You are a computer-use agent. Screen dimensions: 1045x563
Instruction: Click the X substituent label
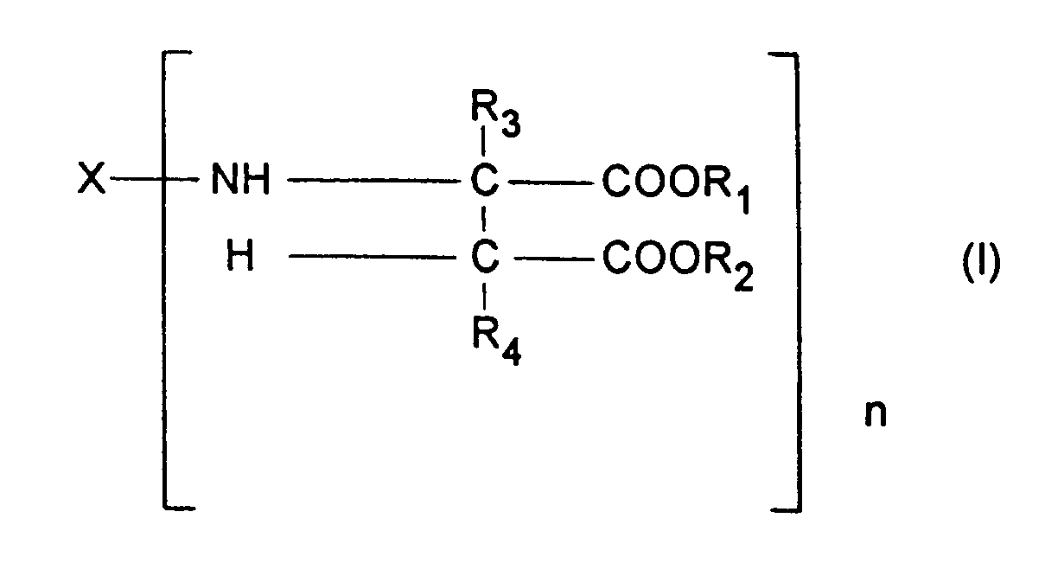pyautogui.click(x=92, y=182)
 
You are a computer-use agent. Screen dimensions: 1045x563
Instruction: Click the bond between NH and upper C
pyautogui.click(x=371, y=182)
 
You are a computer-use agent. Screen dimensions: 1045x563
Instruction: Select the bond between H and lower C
pyautogui.click(x=371, y=257)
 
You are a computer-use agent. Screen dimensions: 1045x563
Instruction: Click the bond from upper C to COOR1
pyautogui.click(x=551, y=182)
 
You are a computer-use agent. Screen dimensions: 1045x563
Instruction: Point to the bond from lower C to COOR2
pyautogui.click(x=551, y=257)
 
